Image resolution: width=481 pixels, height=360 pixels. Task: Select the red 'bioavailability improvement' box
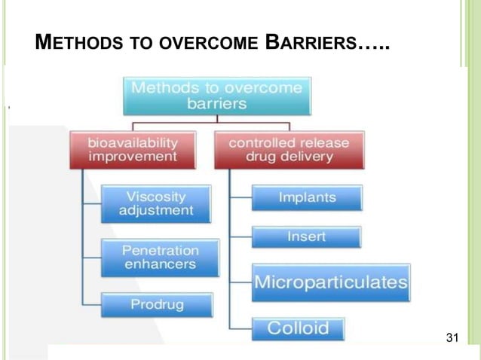click(x=133, y=149)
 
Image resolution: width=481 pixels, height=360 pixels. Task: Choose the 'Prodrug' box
click(x=156, y=305)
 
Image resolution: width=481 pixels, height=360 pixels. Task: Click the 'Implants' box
click(x=306, y=198)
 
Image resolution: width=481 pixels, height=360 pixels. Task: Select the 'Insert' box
click(x=306, y=236)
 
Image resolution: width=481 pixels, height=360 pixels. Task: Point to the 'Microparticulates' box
click(x=330, y=282)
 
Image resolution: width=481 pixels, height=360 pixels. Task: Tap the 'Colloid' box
click(x=298, y=329)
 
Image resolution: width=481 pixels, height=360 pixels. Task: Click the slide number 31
click(x=452, y=337)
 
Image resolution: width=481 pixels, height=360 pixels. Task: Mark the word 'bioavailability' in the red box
click(x=133, y=142)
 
